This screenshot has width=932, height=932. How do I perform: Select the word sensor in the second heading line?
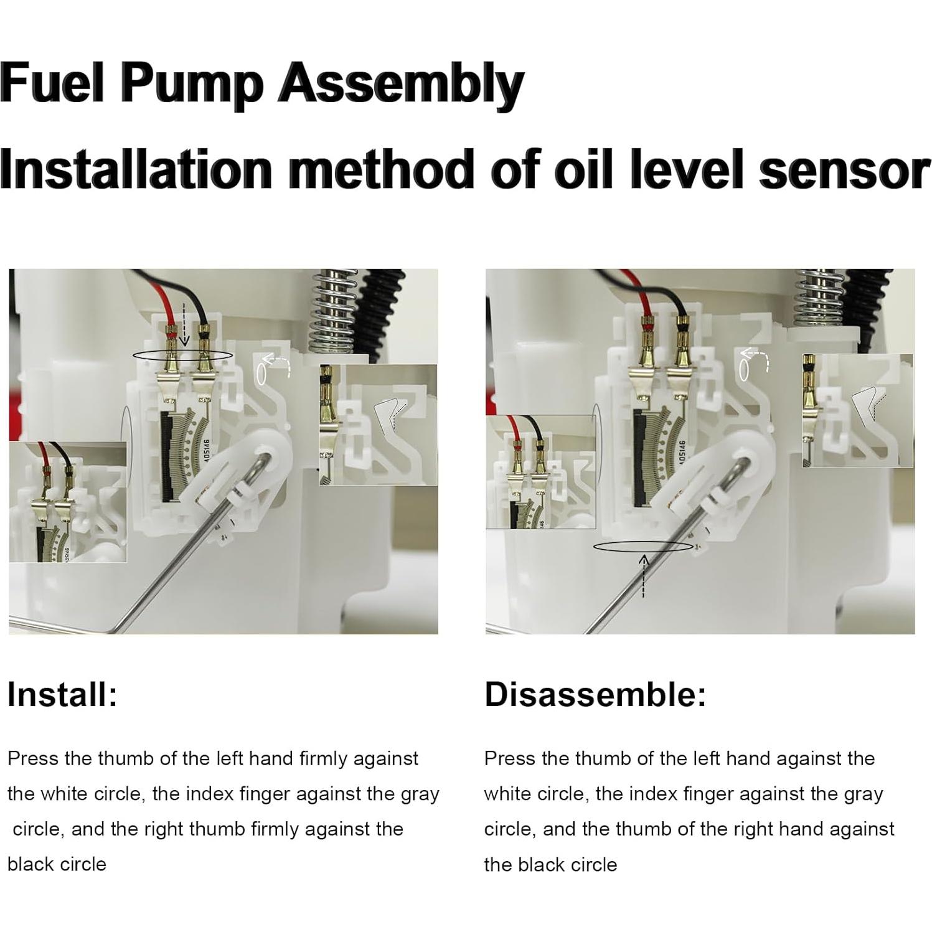(844, 169)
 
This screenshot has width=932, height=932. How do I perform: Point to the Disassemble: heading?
(595, 694)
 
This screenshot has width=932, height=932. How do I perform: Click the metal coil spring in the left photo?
(333, 311)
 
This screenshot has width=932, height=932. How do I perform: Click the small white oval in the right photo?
(743, 371)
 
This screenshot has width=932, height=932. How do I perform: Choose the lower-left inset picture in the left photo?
(68, 502)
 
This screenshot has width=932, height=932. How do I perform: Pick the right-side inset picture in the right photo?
(857, 411)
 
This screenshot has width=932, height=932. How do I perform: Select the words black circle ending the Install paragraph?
(57, 864)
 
